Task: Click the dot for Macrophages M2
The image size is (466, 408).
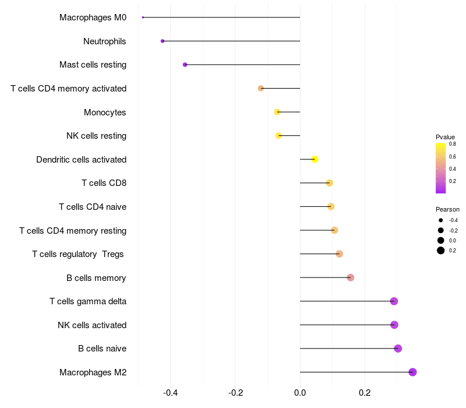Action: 412,372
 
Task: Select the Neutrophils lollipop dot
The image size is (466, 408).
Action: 163,41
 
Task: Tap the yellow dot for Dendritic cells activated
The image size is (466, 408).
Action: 315,159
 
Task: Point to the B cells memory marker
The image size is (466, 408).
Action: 350,277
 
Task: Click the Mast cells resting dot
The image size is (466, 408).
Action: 185,65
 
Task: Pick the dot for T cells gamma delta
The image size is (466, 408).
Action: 394,301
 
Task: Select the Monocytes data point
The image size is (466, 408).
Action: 277,112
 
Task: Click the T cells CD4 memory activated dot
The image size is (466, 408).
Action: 261,88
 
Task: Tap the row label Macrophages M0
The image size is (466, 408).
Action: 93,17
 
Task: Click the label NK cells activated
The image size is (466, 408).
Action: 92,325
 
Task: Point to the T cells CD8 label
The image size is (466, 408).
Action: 104,183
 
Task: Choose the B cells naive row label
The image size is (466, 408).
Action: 102,349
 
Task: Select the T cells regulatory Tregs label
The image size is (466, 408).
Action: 79,254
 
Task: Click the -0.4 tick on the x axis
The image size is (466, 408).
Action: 170,393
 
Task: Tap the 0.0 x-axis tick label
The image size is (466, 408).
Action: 300,393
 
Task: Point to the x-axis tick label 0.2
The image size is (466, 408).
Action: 365,393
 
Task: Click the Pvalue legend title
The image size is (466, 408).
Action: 445,137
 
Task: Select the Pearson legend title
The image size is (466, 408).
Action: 447,209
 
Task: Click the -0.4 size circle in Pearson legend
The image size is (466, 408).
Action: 441,220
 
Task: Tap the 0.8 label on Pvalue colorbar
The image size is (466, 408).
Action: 452,143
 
